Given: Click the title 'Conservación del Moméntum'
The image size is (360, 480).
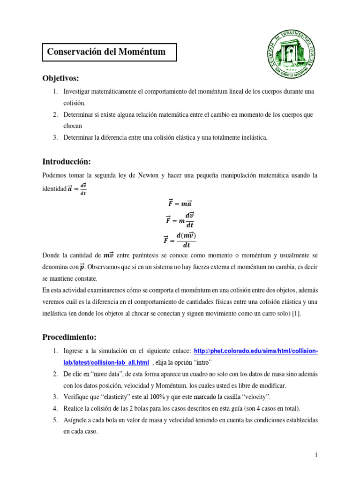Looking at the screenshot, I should [107, 52].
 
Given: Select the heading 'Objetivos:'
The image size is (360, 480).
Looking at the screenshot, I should [61, 77].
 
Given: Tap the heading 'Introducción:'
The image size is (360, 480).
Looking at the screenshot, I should [66, 162].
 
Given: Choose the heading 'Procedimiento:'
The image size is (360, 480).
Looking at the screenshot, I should [69, 337].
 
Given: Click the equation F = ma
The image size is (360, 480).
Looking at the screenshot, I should [180, 203].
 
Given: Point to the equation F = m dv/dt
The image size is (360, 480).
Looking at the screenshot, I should [180, 218].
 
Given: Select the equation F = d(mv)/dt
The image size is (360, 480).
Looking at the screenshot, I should [180, 240].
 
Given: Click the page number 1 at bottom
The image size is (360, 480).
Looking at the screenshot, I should [316, 455].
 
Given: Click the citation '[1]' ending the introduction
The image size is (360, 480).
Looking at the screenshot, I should [296, 314].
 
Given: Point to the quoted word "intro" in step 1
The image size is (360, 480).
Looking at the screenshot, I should [201, 362].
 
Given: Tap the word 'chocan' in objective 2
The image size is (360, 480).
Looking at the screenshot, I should [73, 126].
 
